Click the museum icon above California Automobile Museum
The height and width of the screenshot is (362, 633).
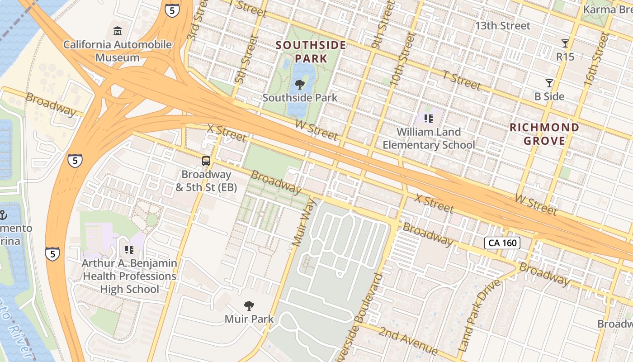point(118,31)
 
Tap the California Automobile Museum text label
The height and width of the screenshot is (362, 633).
point(117,51)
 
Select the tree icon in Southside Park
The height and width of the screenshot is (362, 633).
point(299,84)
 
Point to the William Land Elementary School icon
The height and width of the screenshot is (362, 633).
point(428,119)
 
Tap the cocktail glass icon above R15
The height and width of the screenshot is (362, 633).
point(565,43)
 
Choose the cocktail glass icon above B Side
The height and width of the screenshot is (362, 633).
point(549,83)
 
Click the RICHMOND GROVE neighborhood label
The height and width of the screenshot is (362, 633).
point(544,134)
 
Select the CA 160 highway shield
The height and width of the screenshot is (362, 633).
point(502,243)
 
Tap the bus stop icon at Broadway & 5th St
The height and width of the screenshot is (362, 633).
point(206,161)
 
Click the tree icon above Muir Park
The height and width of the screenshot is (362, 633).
point(249,306)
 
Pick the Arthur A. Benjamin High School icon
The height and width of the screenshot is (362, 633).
point(129,249)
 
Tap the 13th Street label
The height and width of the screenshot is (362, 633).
point(502,26)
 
